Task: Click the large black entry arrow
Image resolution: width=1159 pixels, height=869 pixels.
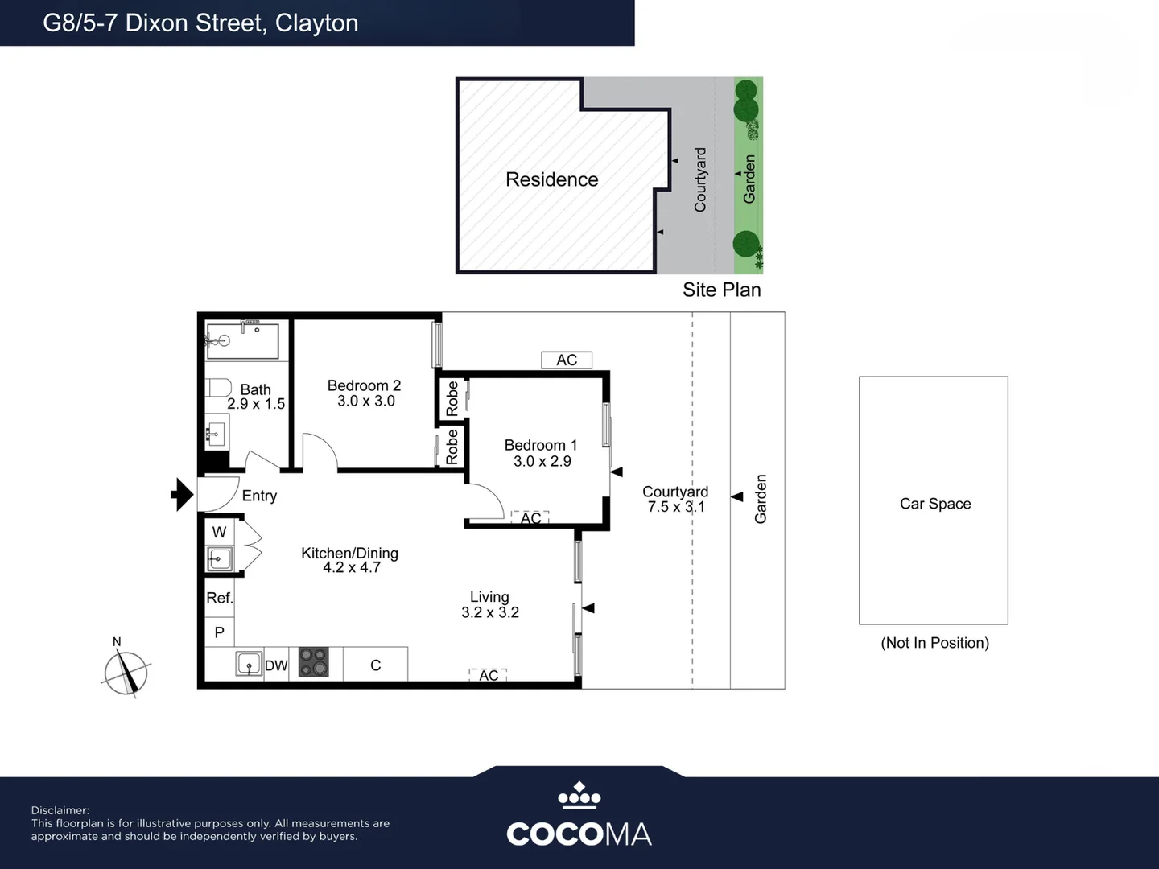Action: [x=183, y=494]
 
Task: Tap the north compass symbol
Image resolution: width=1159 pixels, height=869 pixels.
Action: [x=126, y=670]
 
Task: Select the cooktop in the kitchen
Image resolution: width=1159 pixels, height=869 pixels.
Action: [x=314, y=661]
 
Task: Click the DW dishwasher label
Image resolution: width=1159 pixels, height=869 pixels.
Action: [x=276, y=665]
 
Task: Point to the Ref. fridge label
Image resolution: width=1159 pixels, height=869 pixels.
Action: [x=220, y=598]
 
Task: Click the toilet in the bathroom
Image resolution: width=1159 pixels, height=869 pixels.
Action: [x=218, y=387]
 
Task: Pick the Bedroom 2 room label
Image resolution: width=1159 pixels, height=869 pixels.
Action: [x=365, y=385]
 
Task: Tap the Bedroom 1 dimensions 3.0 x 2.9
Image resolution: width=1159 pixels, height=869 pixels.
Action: [x=542, y=461]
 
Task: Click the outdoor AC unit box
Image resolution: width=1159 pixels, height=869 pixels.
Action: [x=567, y=360]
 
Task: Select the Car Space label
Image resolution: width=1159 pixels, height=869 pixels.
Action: [x=935, y=504]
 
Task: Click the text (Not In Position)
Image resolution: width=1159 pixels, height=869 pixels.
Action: [x=935, y=643]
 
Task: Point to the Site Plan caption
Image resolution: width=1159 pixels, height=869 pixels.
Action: [x=722, y=290]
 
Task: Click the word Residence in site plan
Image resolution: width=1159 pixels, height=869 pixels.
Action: [x=552, y=179]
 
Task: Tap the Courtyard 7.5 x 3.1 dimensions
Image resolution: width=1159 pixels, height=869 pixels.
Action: [x=676, y=507]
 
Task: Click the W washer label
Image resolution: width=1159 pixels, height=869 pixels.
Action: [x=219, y=532]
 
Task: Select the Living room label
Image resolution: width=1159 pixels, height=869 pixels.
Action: [x=489, y=597]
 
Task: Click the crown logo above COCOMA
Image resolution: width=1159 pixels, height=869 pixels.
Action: [x=579, y=795]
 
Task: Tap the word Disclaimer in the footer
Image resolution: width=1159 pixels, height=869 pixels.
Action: [x=60, y=810]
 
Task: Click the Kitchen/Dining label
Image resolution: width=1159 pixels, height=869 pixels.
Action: [x=349, y=553]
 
